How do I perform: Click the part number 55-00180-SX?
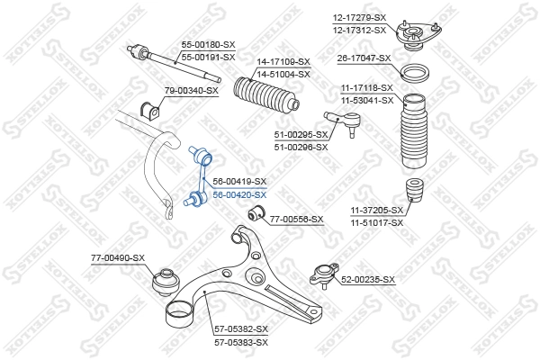208,42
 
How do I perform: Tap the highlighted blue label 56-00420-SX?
239,194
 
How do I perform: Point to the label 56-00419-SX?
239,181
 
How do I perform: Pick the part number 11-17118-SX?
366,86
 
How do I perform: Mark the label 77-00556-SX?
296,219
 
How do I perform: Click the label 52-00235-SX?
368,280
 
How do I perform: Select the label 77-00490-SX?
118,258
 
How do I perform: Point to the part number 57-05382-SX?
241,330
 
